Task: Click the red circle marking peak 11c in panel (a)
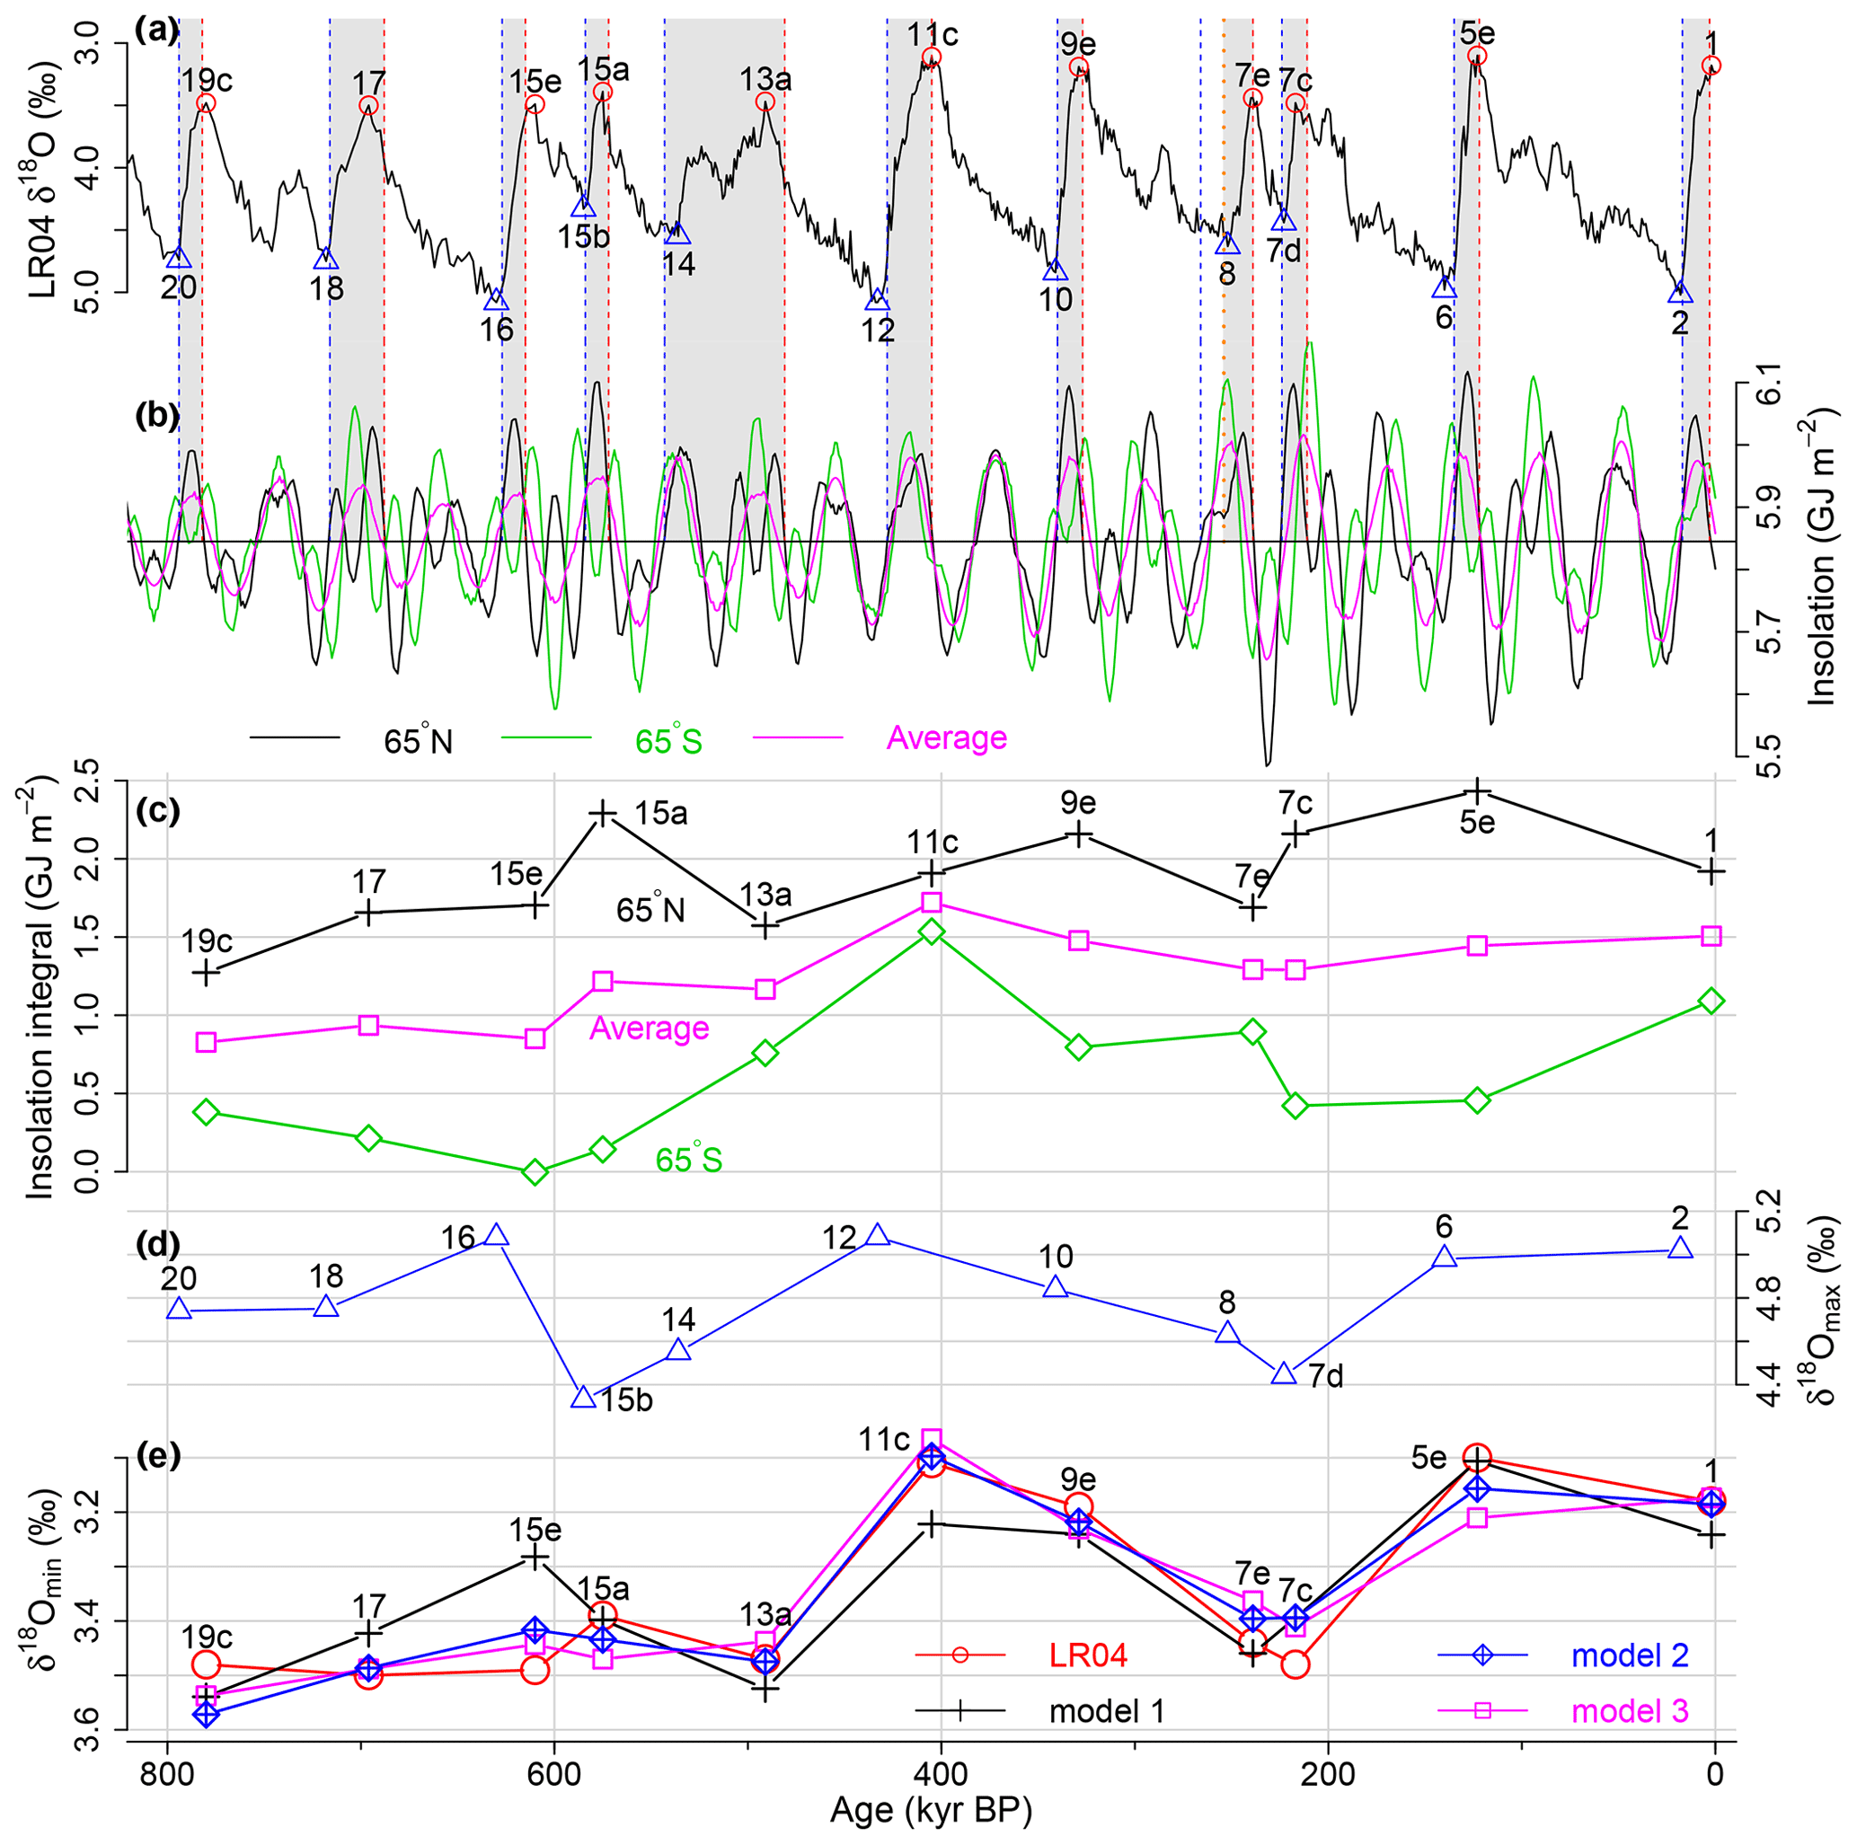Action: (931, 57)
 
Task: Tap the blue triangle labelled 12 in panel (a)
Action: (877, 301)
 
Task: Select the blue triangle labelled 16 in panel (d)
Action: (495, 1236)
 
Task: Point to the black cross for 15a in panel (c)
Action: (603, 813)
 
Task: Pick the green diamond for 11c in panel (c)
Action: (931, 932)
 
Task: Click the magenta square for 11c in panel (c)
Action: (931, 903)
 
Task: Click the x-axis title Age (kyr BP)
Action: (931, 1812)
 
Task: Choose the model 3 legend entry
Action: (1629, 1710)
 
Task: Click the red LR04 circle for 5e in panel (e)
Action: (1477, 1458)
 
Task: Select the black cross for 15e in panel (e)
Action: (535, 1558)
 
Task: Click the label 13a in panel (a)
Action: (765, 80)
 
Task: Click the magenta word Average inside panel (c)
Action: (649, 1028)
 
